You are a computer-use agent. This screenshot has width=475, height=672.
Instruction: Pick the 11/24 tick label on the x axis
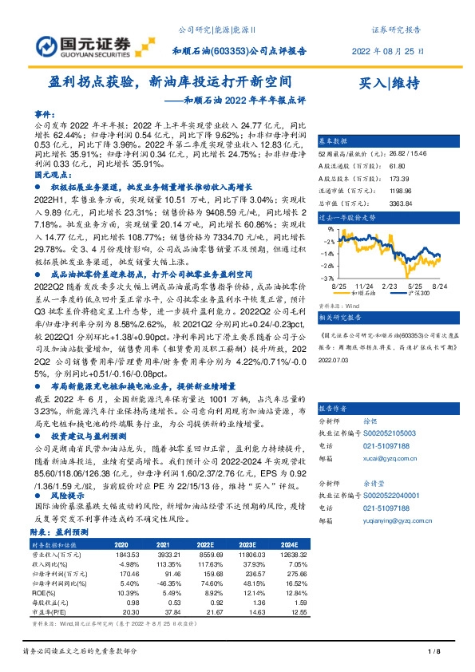click(x=365, y=284)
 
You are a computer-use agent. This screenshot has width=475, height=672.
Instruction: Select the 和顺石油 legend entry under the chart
click(x=370, y=293)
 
